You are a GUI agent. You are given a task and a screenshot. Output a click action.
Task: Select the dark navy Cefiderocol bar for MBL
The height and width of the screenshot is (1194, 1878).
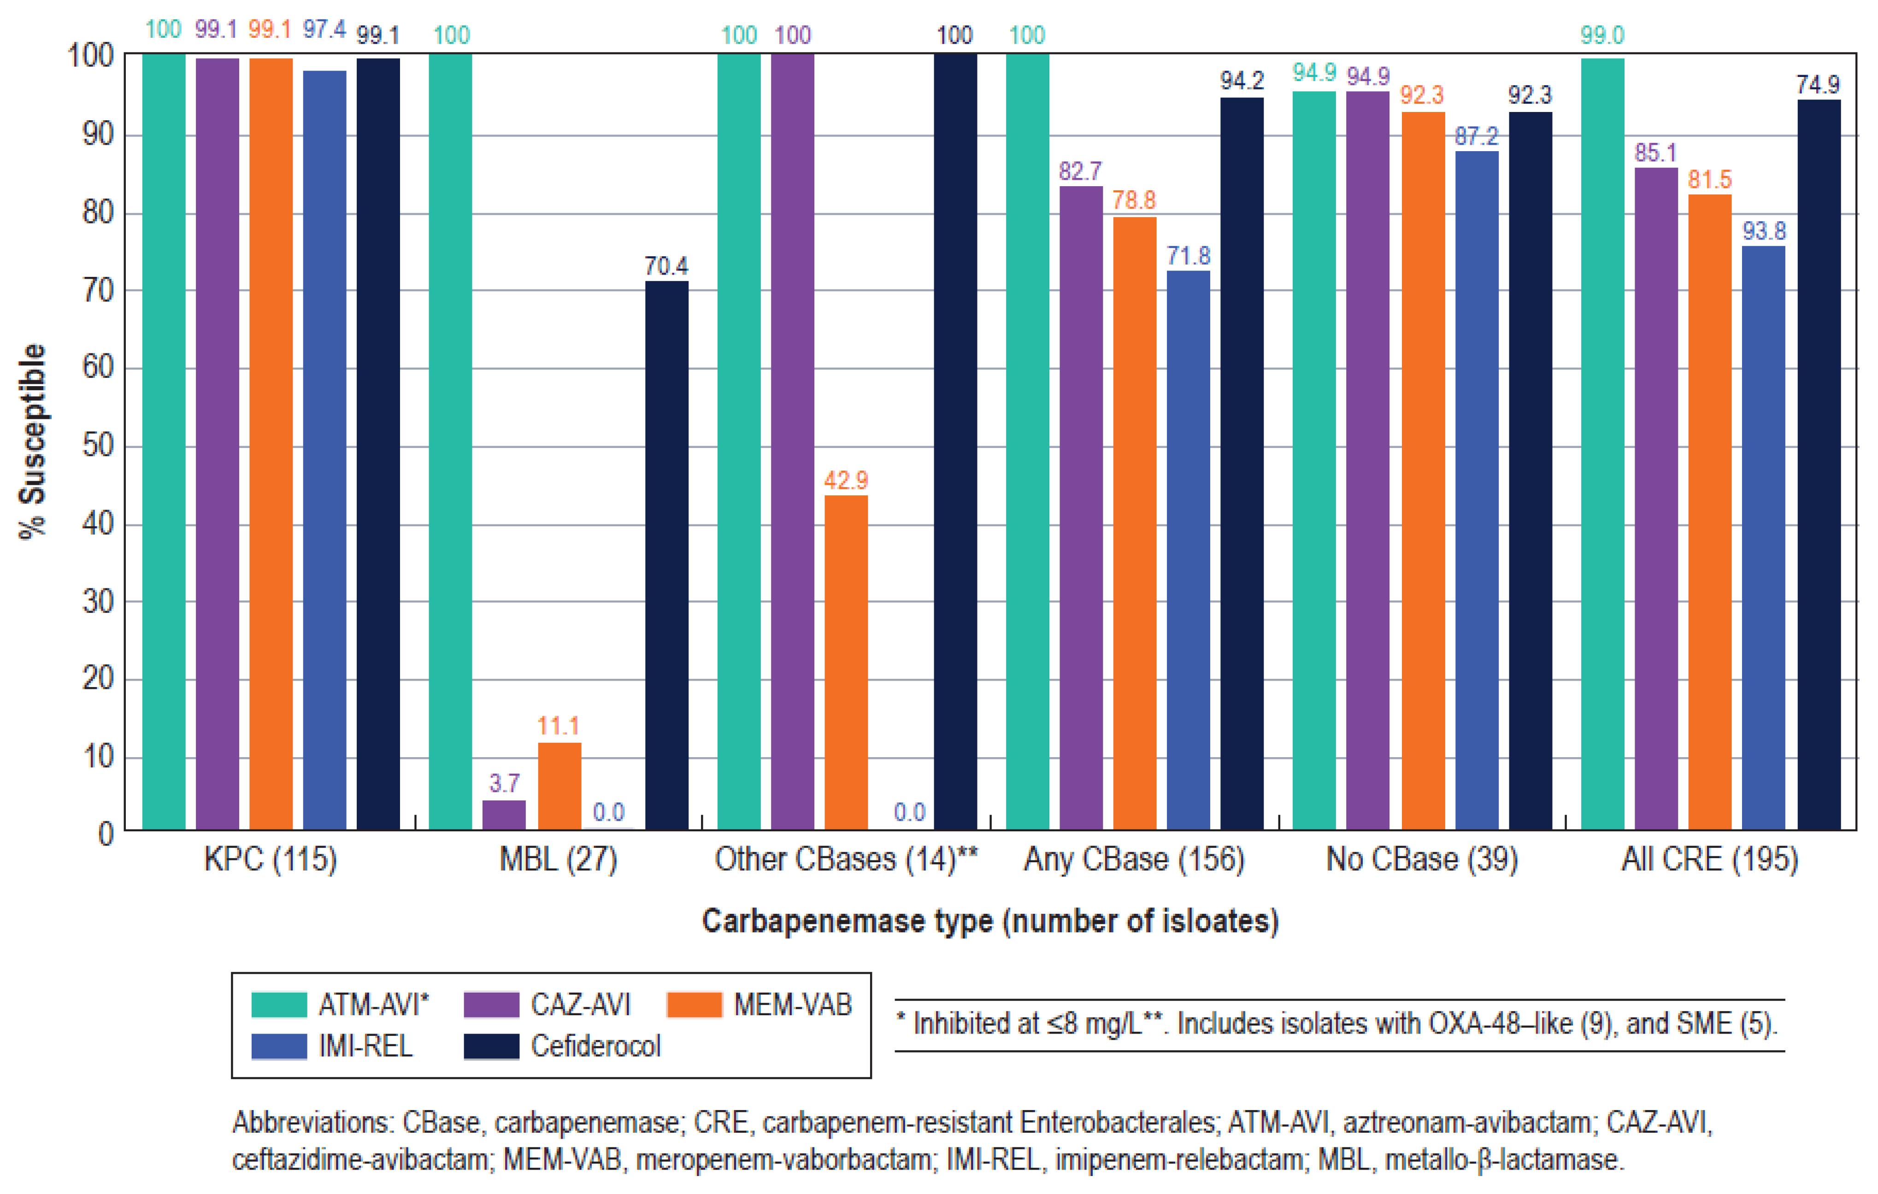(x=667, y=554)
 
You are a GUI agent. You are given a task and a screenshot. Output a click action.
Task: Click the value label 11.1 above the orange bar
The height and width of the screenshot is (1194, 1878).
(x=559, y=726)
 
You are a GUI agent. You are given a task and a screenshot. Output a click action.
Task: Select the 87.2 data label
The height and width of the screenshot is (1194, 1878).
(x=1476, y=136)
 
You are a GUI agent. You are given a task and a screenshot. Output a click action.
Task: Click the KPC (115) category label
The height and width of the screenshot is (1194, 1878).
(x=271, y=859)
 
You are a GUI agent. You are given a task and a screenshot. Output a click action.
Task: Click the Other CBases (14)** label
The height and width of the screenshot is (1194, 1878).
(x=846, y=859)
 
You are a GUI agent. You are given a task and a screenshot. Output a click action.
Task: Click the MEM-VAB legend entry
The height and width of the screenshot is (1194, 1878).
(x=792, y=1005)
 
